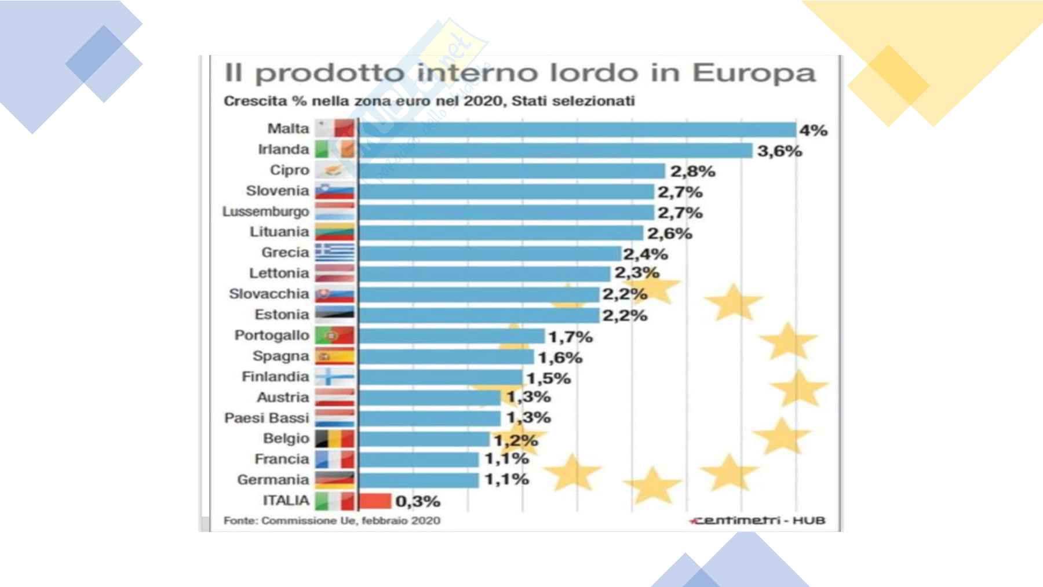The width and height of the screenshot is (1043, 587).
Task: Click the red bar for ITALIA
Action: [375, 500]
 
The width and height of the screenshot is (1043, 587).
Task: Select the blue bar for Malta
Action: [577, 130]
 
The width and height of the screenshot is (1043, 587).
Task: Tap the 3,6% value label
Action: [779, 151]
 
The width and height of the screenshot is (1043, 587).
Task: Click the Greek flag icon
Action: [334, 253]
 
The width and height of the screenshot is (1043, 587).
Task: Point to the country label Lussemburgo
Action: [266, 212]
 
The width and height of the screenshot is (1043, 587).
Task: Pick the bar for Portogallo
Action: [452, 336]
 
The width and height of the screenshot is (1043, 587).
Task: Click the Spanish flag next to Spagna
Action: [334, 356]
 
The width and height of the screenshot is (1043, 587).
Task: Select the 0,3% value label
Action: [418, 501]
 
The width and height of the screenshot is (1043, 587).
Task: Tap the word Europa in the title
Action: [754, 74]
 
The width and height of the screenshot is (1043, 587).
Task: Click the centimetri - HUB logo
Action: [758, 520]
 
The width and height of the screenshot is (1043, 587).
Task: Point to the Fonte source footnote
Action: [332, 520]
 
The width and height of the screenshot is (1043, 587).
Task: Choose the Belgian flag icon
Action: [334, 439]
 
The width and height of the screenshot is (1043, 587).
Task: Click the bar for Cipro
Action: [512, 171]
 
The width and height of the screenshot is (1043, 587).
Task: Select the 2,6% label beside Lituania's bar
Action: [670, 234]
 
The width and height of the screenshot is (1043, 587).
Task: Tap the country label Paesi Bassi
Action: [267, 418]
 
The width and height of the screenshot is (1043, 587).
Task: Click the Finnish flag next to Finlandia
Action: [334, 377]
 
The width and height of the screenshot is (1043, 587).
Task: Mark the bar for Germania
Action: [419, 480]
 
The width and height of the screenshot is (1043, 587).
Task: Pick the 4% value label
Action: [813, 130]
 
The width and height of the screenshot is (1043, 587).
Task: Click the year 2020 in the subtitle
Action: [485, 101]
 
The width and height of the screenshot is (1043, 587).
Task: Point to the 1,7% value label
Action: [570, 337]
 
